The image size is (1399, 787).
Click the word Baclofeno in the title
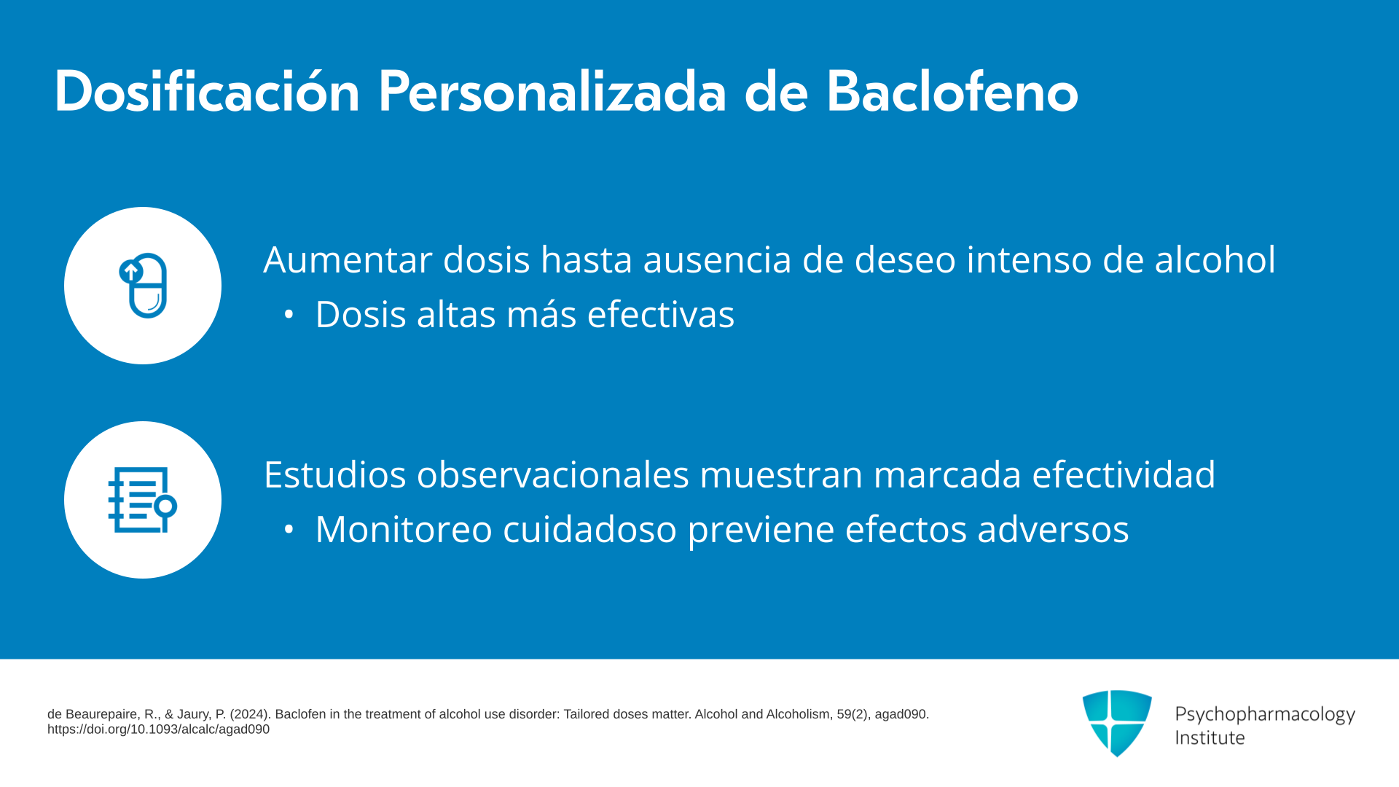[x=952, y=92]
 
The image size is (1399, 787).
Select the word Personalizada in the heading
[x=552, y=92]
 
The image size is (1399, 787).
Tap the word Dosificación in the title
[x=208, y=92]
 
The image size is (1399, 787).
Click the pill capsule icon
[x=144, y=285]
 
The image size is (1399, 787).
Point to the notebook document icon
[x=143, y=500]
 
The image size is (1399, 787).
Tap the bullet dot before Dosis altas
[x=289, y=315]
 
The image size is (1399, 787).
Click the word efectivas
[x=661, y=315]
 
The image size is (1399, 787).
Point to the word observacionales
[x=553, y=474]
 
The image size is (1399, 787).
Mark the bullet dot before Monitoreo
[x=289, y=530]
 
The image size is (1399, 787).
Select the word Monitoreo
[x=404, y=529]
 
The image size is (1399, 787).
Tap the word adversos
[x=1053, y=529]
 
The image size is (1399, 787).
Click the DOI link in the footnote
[x=158, y=729]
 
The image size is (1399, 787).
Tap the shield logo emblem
[x=1117, y=723]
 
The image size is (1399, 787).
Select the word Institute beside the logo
[x=1210, y=737]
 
